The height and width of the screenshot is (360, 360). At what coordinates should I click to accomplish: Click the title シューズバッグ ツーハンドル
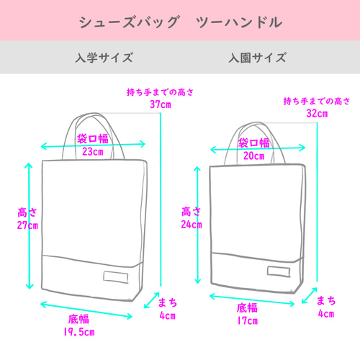[x=181, y=22]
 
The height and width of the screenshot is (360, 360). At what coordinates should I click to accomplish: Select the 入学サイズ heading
[x=104, y=58]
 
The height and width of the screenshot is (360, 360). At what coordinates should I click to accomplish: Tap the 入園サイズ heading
[x=257, y=58]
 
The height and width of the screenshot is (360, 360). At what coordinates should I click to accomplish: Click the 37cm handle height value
[x=161, y=104]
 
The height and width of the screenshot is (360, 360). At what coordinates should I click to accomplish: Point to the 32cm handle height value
[x=317, y=113]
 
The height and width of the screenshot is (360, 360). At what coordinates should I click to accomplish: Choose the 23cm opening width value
[x=93, y=152]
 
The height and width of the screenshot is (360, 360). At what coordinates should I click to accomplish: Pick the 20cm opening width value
[x=254, y=156]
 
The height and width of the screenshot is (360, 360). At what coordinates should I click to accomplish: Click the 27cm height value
[x=27, y=225]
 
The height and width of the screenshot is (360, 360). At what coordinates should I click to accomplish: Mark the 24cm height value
[x=192, y=225]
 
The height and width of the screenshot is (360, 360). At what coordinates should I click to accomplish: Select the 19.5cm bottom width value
[x=79, y=332]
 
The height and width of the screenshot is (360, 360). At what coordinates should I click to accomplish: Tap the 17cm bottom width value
[x=248, y=320]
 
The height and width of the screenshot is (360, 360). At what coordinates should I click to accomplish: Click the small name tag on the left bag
[x=116, y=277]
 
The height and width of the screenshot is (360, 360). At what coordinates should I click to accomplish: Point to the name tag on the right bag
[x=279, y=271]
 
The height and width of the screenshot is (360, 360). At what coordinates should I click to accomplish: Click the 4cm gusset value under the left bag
[x=168, y=315]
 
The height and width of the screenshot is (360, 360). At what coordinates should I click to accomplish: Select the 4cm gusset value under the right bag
[x=326, y=314]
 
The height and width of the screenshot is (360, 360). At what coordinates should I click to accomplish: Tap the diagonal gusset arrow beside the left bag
[x=152, y=300]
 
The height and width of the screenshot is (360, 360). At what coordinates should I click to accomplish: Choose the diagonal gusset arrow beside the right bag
[x=310, y=295]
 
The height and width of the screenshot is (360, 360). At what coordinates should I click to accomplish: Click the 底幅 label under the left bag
[x=78, y=319]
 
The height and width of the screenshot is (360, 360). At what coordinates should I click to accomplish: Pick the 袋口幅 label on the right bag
[x=253, y=143]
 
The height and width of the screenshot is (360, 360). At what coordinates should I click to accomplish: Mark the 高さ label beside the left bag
[x=27, y=212]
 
